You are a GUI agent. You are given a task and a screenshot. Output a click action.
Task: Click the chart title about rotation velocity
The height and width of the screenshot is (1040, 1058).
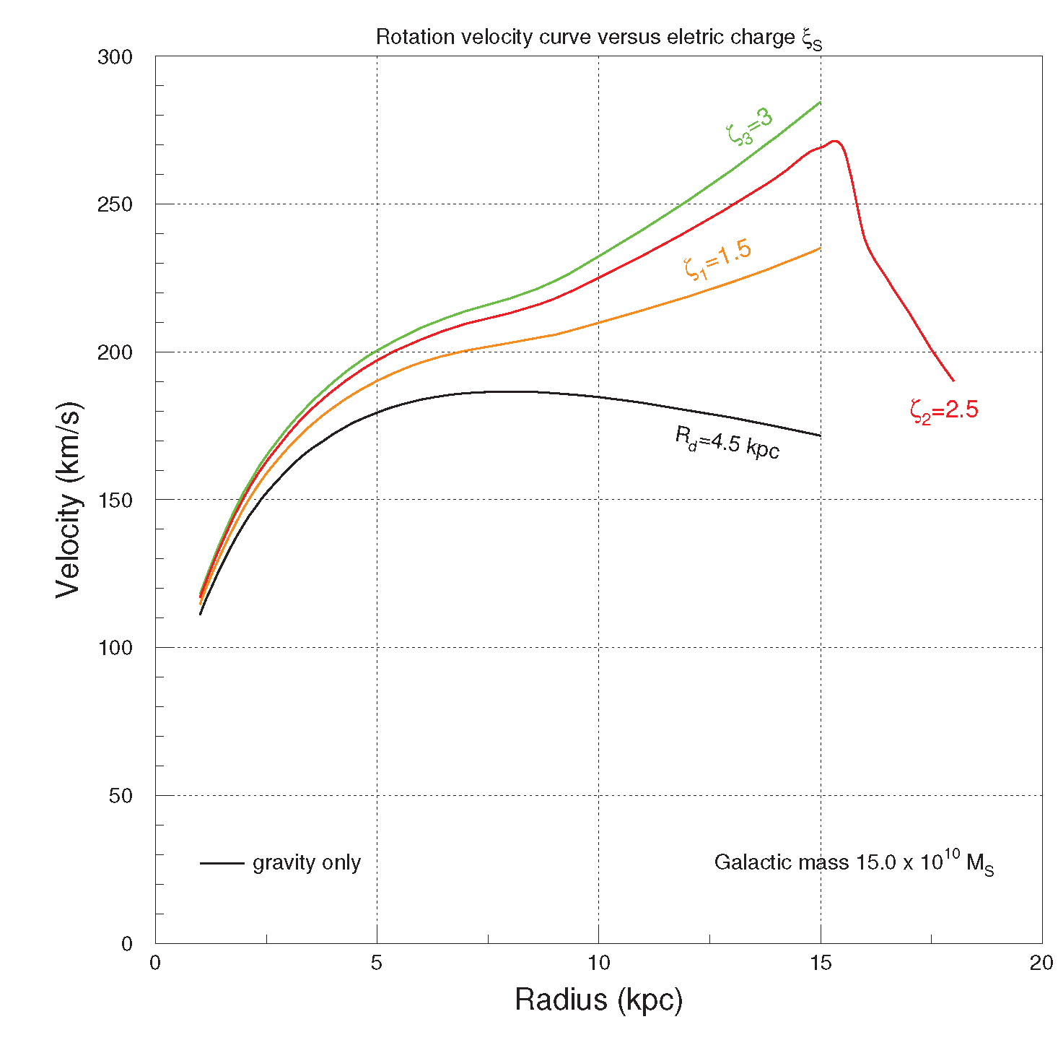pos(598,38)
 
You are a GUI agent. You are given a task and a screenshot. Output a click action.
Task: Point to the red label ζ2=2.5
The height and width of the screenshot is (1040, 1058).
pos(944,411)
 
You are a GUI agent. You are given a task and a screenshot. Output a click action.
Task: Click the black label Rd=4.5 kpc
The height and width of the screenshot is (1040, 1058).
pos(727,442)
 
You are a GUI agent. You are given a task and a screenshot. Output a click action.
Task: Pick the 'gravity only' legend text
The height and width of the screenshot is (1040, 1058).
pos(307,862)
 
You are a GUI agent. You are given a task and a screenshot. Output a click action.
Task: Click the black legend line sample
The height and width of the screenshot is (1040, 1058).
pos(222,863)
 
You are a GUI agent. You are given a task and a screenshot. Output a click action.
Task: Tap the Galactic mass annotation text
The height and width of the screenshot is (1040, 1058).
pos(854,862)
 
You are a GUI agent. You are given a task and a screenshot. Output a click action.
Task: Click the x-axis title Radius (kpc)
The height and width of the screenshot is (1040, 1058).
pos(598,1000)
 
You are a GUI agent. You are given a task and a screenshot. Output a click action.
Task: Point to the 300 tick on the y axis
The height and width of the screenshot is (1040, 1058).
pos(115,57)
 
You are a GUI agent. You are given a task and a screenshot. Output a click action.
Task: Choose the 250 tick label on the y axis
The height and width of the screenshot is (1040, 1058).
pos(115,204)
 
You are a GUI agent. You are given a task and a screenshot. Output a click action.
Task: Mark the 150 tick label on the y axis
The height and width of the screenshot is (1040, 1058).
pos(115,500)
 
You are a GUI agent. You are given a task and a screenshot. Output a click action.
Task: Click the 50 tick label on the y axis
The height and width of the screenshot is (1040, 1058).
pos(121,796)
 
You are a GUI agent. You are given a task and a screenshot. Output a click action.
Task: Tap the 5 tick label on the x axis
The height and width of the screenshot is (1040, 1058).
pos(377,963)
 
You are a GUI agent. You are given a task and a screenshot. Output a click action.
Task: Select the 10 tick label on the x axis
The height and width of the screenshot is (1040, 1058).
pos(598,963)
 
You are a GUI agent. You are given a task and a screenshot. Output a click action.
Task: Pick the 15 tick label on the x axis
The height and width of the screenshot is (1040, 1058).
pos(821,963)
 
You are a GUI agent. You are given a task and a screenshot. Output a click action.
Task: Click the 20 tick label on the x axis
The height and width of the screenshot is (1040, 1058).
pos(1041,963)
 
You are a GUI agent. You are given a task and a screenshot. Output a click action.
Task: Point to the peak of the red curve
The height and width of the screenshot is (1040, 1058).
pos(835,141)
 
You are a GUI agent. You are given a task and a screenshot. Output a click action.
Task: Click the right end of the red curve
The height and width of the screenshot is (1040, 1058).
pos(953,380)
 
